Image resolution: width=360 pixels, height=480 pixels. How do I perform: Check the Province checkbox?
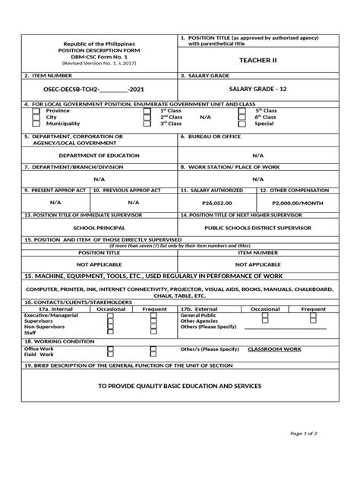pos(36,111)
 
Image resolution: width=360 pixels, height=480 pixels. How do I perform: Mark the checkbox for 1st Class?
pos(147,111)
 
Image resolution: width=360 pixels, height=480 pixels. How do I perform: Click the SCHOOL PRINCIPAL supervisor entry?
pos(99,226)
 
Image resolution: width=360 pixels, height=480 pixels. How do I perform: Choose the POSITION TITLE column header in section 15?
pos(99,251)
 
